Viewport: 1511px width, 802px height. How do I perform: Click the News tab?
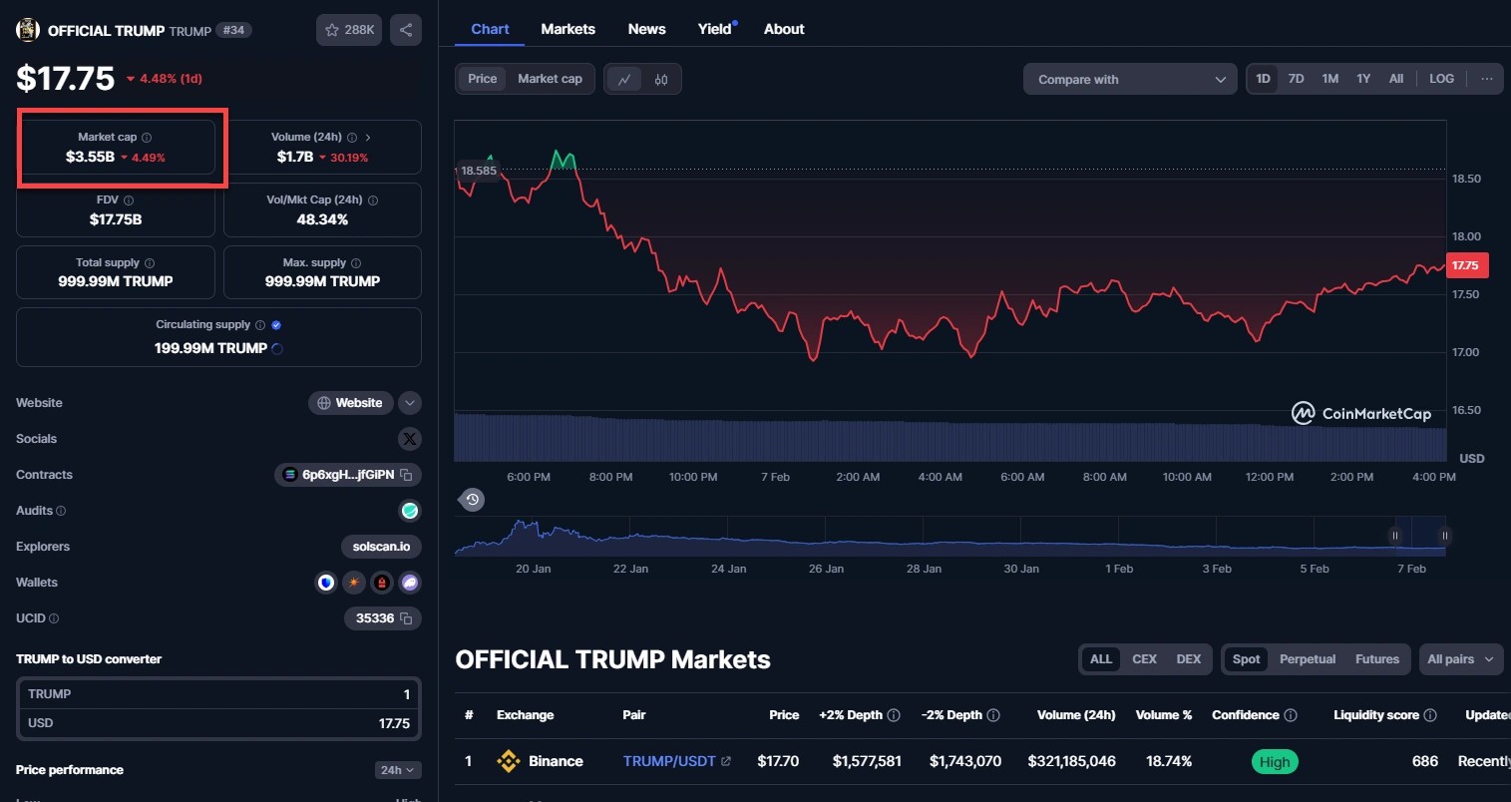646,29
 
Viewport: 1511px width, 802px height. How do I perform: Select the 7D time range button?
1296,79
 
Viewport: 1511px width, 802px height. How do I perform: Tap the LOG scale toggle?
1441,79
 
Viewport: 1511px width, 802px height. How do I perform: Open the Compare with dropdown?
1130,80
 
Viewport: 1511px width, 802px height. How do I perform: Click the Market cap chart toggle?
550,79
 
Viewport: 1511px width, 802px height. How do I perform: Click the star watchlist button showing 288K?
349,30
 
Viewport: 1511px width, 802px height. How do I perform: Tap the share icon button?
406,30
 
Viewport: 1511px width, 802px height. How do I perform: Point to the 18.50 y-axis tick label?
1466,180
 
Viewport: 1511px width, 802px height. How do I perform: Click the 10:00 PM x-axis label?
693,477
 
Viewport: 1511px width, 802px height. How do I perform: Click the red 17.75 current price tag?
1466,265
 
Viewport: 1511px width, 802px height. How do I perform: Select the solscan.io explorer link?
381,547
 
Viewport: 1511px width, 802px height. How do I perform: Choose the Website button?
350,403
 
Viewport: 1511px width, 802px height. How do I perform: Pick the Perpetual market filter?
1307,659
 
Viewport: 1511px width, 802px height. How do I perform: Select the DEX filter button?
1188,659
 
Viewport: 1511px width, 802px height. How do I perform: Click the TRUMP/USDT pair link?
669,761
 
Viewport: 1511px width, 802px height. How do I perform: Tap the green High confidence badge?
1274,762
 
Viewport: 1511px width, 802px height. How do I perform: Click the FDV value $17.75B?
116,219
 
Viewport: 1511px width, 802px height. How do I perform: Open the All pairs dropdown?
1460,659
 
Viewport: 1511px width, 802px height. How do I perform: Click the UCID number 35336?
375,618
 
